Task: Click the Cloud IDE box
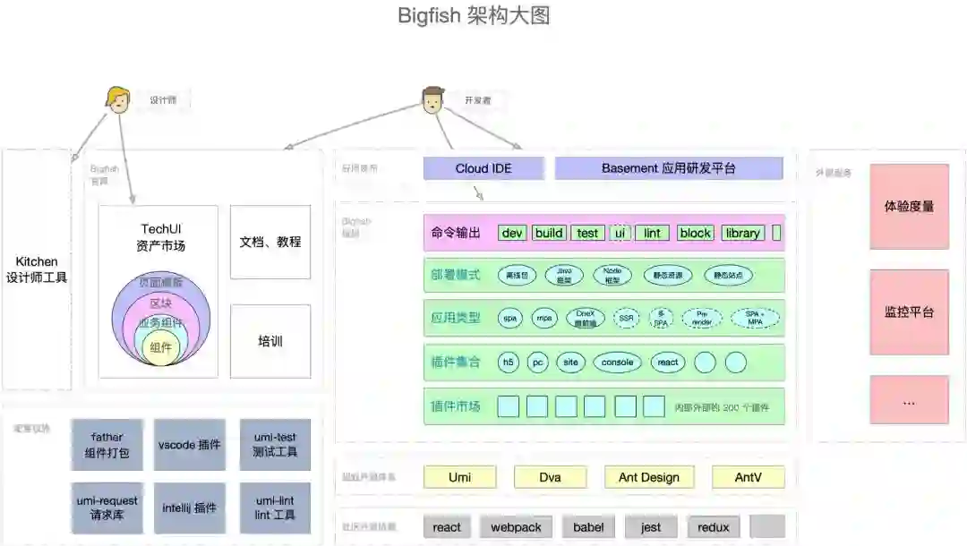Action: pyautogui.click(x=483, y=168)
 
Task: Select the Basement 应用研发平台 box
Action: pyautogui.click(x=668, y=168)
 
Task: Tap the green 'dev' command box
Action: pyautogui.click(x=512, y=233)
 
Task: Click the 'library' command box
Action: pyautogui.click(x=742, y=233)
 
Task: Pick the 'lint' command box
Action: pyautogui.click(x=652, y=233)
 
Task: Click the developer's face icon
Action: pyautogui.click(x=433, y=99)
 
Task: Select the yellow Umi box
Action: pyautogui.click(x=459, y=477)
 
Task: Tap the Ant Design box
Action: pyautogui.click(x=648, y=477)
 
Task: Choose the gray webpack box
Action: pyautogui.click(x=516, y=527)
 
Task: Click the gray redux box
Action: pyautogui.click(x=714, y=527)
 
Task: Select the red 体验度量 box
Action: pyautogui.click(x=909, y=206)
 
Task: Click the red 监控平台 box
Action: pyautogui.click(x=909, y=312)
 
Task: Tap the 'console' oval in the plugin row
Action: pyautogui.click(x=617, y=363)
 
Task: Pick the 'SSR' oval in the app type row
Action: pyautogui.click(x=626, y=318)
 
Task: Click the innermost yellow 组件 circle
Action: pyautogui.click(x=161, y=347)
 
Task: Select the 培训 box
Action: pyautogui.click(x=270, y=341)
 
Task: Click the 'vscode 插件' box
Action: pyautogui.click(x=190, y=444)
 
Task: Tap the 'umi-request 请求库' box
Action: pyautogui.click(x=107, y=508)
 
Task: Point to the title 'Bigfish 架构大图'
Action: pyautogui.click(x=474, y=16)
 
